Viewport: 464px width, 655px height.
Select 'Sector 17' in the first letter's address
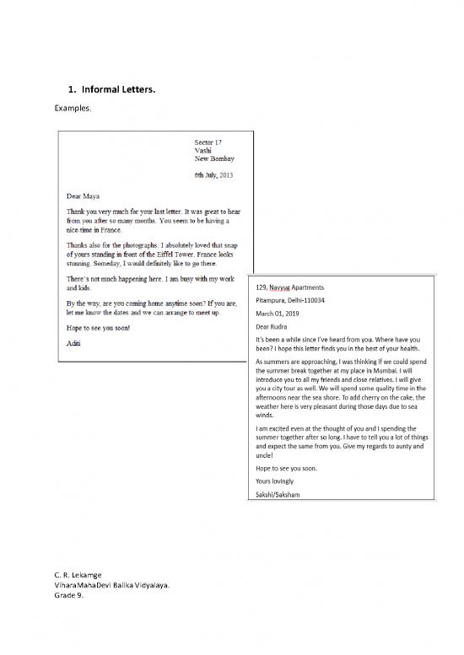click(208, 143)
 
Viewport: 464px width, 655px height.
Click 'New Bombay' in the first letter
click(214, 158)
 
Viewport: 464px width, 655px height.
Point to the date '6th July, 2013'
click(218, 174)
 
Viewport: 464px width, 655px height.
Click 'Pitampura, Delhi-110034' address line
click(290, 301)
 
